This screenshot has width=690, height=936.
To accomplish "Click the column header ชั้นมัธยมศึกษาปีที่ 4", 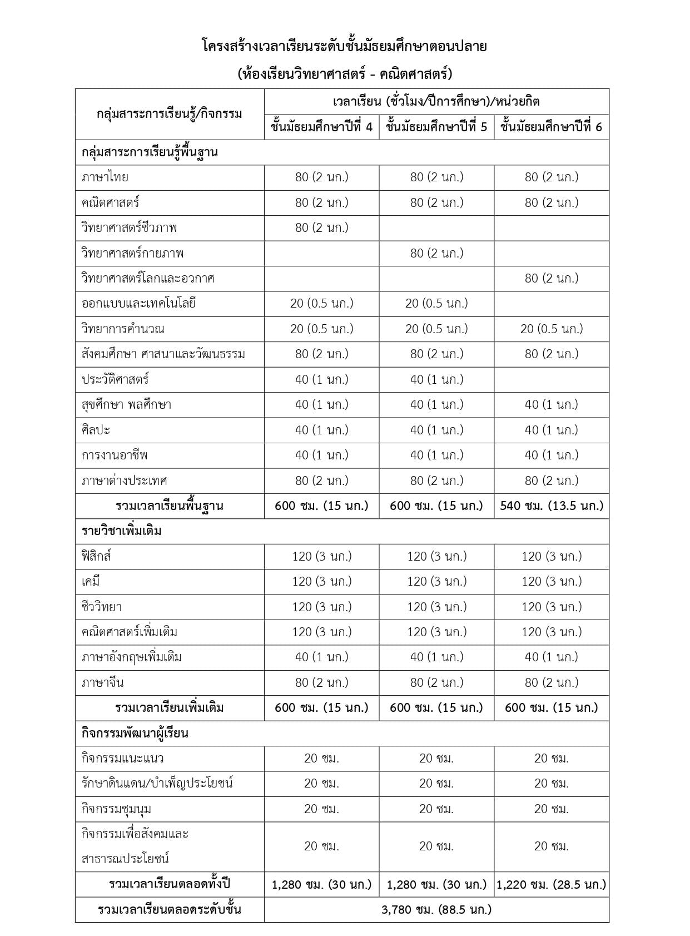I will coord(321,127).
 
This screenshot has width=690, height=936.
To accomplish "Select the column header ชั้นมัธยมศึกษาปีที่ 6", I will coord(551,127).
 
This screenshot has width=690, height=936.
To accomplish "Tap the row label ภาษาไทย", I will coord(105,177).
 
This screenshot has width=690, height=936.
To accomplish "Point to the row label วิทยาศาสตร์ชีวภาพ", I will coord(129,228).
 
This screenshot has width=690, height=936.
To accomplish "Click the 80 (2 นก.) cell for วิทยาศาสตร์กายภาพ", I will coord(436,253).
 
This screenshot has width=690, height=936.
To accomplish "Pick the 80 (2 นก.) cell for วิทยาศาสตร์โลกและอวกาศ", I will coord(551,278).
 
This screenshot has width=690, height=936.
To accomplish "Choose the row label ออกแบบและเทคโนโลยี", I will coord(138,304).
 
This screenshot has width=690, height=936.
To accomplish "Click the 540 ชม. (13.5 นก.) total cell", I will coord(551,506).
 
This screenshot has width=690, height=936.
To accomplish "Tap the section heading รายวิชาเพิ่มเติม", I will coord(122,531).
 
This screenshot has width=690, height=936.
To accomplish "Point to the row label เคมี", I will coord(91,582).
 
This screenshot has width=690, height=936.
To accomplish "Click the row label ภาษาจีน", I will coord(102,682).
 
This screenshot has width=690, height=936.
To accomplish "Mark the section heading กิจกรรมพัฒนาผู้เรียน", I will coord(135,734).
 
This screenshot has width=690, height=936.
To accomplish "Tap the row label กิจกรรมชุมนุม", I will coord(116,809).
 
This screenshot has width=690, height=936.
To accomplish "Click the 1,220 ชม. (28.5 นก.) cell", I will coord(551,884).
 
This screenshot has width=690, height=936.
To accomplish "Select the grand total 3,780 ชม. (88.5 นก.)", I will coord(436,910).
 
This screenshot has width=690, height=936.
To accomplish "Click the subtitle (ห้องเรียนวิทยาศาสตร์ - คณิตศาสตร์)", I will coord(345,74).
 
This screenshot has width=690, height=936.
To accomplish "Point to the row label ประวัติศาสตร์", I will coord(115,380).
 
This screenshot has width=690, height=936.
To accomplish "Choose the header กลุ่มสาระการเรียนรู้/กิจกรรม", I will coord(170,114).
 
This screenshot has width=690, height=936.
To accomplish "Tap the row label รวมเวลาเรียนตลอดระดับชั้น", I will coord(170,910).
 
